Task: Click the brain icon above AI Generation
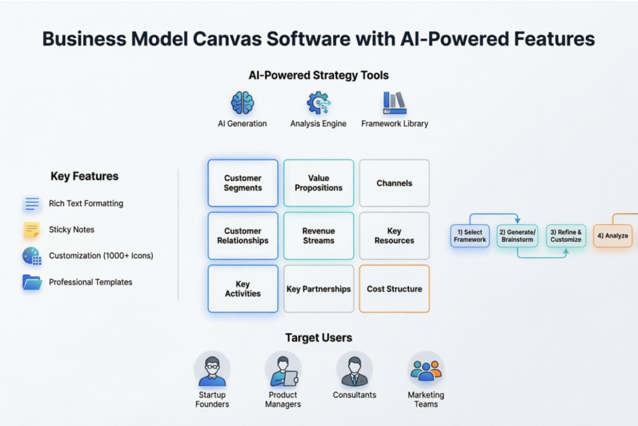click(242, 103)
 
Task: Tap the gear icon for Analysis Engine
click(318, 103)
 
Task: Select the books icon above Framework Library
click(394, 103)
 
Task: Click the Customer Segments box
click(243, 183)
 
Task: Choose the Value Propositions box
click(318, 183)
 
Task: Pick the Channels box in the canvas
click(394, 183)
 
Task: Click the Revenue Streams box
click(318, 236)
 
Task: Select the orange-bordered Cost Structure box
click(394, 289)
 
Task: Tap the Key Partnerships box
click(318, 289)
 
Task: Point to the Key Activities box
click(243, 289)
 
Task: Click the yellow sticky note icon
click(32, 230)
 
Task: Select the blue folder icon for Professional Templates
click(32, 282)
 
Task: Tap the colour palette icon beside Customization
click(32, 256)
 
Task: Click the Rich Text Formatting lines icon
click(32, 203)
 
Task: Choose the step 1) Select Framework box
click(470, 236)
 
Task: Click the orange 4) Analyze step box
click(612, 236)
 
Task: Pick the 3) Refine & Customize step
click(566, 236)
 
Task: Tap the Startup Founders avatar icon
click(212, 369)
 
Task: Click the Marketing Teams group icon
click(426, 369)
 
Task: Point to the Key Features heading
click(85, 176)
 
